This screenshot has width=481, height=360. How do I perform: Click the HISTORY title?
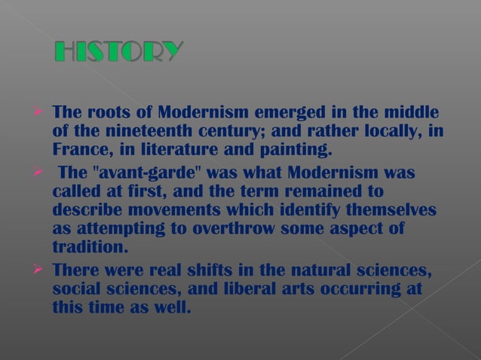119,52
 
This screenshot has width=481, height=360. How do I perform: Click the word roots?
105,113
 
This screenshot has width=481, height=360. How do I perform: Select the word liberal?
253,290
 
